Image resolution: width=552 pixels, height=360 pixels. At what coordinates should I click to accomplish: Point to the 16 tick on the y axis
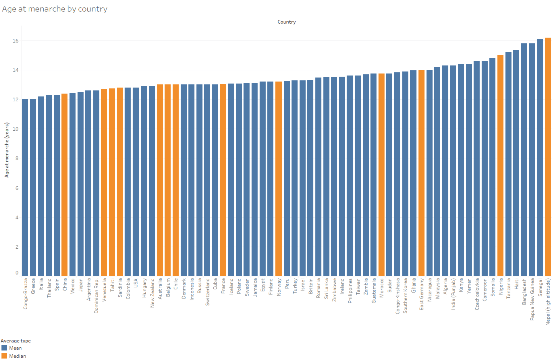pos(16,41)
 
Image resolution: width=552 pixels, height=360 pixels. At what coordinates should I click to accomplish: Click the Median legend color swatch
pos(4,356)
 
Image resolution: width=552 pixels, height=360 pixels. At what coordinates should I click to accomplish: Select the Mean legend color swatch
pos(4,347)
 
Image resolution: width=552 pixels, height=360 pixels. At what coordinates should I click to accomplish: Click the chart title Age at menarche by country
pos(54,9)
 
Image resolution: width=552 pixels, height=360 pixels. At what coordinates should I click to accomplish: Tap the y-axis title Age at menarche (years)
pos(7,156)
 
